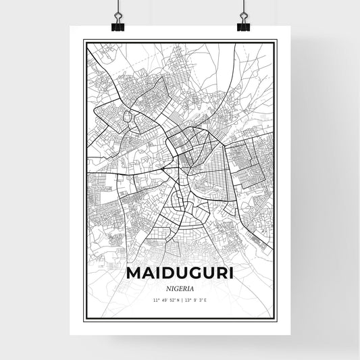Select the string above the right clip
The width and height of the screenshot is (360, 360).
(x=242, y=8)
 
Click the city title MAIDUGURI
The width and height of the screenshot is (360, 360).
(x=180, y=275)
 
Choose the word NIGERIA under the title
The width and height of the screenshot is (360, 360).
(x=180, y=288)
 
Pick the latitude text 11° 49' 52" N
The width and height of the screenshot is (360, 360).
(x=165, y=299)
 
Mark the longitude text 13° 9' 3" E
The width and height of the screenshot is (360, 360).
(x=195, y=299)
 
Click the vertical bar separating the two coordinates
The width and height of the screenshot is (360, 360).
(x=181, y=299)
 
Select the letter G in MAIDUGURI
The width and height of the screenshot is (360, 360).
(x=190, y=275)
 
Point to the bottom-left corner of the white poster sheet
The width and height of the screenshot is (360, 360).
(x=72, y=336)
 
